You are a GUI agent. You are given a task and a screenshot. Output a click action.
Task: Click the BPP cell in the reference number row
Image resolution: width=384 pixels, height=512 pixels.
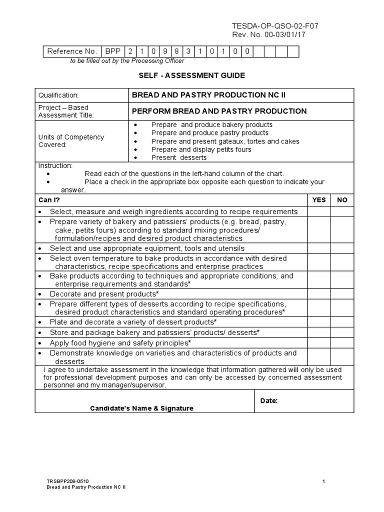click(112, 51)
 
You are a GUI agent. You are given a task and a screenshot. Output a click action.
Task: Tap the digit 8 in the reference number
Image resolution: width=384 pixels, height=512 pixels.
click(177, 51)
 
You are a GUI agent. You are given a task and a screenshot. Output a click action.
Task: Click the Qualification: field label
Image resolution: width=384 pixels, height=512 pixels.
click(58, 95)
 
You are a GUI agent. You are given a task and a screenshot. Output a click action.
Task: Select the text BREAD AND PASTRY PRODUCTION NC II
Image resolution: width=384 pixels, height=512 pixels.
click(208, 95)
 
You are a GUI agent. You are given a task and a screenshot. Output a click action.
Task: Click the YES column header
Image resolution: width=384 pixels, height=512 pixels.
click(318, 200)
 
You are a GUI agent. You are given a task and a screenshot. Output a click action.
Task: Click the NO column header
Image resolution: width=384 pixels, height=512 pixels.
click(342, 200)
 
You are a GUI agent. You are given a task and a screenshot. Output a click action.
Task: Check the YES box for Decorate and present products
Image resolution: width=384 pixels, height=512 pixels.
click(318, 293)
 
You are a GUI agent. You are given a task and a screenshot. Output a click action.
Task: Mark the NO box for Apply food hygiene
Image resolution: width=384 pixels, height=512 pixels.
click(342, 343)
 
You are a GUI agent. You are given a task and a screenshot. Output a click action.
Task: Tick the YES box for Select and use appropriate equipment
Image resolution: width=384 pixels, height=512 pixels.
click(318, 248)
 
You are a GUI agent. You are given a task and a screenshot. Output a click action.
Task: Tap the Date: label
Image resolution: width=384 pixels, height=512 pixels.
click(269, 400)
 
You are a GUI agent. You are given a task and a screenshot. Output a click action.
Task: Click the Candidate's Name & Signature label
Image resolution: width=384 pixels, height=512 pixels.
click(141, 408)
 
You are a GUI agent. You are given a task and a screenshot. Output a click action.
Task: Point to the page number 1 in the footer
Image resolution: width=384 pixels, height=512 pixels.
click(324, 481)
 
